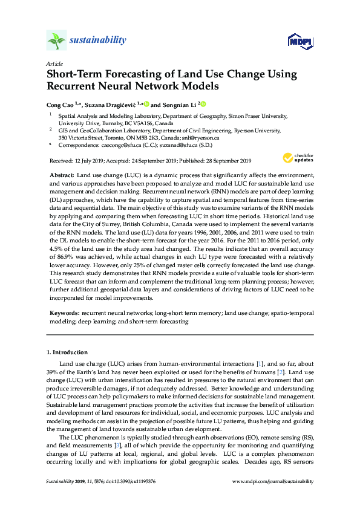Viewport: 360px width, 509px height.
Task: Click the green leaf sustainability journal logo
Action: (x=56, y=41)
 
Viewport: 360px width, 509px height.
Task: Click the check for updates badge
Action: (x=298, y=158)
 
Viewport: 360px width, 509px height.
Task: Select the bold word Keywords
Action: (x=64, y=313)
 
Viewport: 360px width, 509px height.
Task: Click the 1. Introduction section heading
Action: (x=67, y=352)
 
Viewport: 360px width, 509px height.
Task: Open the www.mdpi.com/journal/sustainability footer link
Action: (x=273, y=499)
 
